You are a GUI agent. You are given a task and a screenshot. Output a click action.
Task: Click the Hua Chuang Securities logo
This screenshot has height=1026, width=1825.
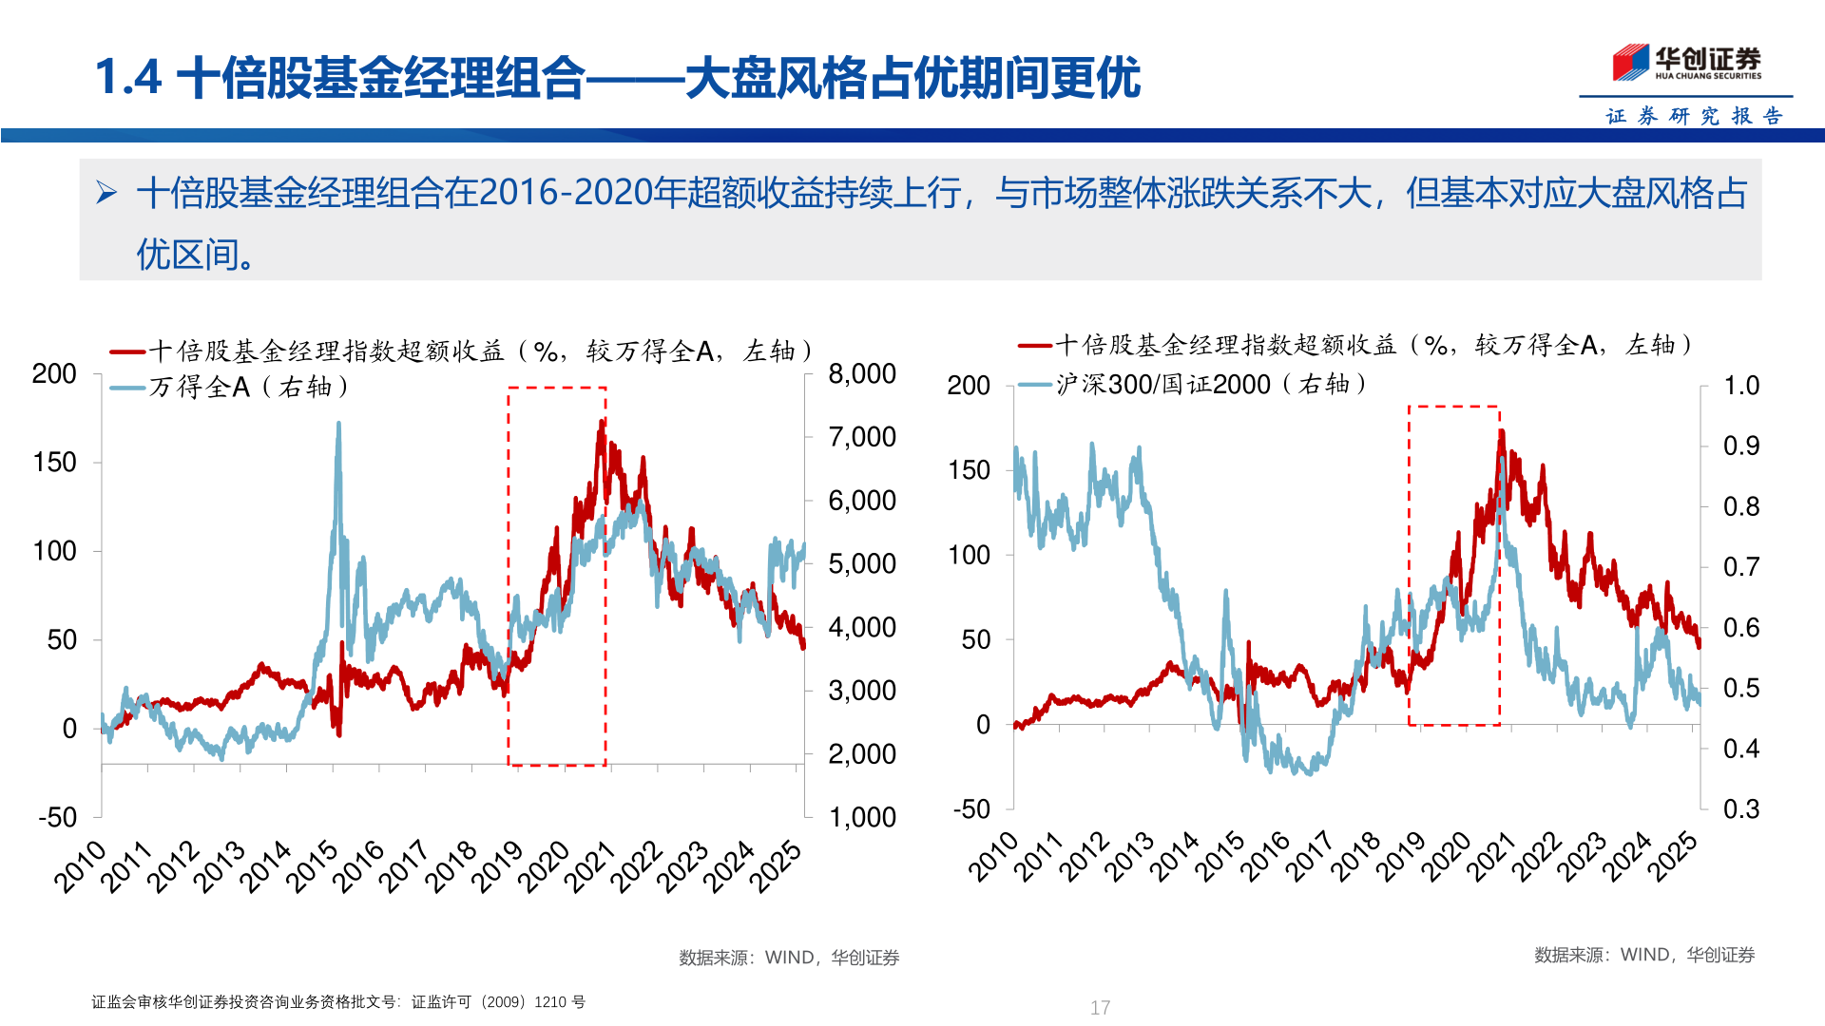click(x=1686, y=63)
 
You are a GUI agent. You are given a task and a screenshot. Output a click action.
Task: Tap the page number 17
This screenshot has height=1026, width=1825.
click(x=1100, y=1007)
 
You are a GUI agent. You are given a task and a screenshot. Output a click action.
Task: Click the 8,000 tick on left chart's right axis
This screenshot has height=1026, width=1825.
click(x=861, y=374)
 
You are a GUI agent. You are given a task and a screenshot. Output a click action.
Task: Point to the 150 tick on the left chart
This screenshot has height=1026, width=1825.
click(x=54, y=463)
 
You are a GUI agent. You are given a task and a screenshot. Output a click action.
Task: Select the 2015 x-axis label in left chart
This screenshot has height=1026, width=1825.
click(x=313, y=865)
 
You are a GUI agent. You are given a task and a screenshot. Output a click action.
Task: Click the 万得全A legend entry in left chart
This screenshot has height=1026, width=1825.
click(x=228, y=387)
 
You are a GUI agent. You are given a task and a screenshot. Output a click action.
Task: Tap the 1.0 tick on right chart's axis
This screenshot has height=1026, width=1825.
click(x=1740, y=386)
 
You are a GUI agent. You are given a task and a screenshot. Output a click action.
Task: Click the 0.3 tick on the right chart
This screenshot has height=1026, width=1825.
click(x=1740, y=809)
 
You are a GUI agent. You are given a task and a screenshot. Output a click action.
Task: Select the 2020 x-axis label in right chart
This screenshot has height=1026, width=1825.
click(x=1446, y=856)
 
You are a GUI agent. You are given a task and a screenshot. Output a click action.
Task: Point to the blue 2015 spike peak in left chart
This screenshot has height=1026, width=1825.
click(x=338, y=425)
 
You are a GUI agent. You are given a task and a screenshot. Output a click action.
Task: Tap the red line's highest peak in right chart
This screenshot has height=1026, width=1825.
click(x=1501, y=432)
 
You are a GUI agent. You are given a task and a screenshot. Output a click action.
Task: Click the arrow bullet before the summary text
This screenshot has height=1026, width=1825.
click(x=106, y=194)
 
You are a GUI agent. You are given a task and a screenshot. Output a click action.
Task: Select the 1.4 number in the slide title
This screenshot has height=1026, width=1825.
click(x=128, y=77)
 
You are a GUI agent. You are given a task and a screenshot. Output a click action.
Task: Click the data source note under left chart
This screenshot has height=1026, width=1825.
click(x=788, y=958)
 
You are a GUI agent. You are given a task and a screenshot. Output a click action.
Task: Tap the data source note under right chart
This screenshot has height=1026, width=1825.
click(x=1643, y=955)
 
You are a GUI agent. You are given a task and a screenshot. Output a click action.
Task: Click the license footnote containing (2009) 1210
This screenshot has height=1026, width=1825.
click(x=338, y=1002)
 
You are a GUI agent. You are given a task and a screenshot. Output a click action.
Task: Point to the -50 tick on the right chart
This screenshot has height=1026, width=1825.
click(x=971, y=809)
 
